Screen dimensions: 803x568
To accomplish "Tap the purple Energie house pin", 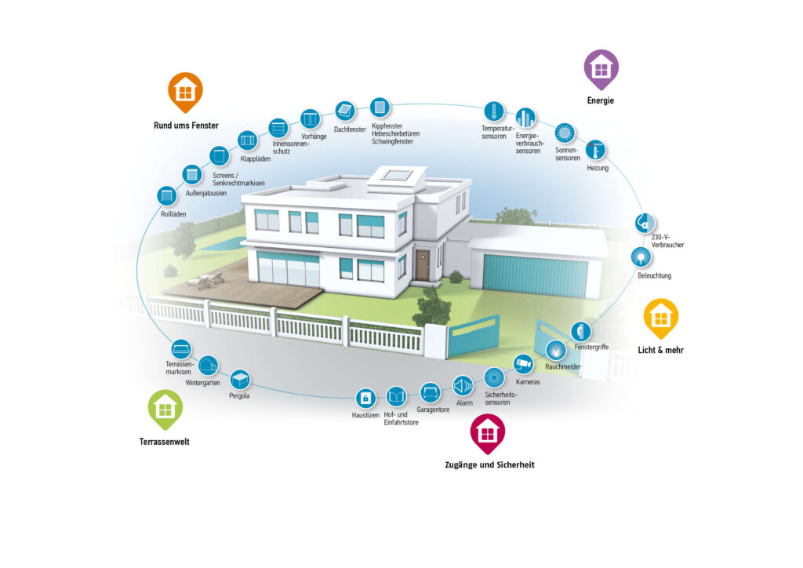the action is (601, 69).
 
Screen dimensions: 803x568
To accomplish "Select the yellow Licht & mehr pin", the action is (660, 318).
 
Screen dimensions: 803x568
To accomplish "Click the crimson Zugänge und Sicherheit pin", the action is (488, 433).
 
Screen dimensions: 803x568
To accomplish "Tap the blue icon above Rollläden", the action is (166, 195).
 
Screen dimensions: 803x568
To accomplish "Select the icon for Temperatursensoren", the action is (494, 111).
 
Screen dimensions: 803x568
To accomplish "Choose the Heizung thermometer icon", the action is (595, 150).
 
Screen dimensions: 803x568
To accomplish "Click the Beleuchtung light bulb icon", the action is (641, 257).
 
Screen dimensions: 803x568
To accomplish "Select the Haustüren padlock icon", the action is (365, 398).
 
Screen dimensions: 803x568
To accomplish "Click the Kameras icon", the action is (523, 364).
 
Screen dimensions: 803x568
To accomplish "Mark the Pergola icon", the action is (240, 380).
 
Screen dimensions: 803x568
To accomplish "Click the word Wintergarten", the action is (202, 383).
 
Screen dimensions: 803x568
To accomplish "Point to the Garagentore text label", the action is (433, 410).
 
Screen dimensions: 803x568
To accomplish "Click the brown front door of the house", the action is (423, 265).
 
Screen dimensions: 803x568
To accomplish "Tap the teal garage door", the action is (535, 275).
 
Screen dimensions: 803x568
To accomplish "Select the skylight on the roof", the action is (397, 176).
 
